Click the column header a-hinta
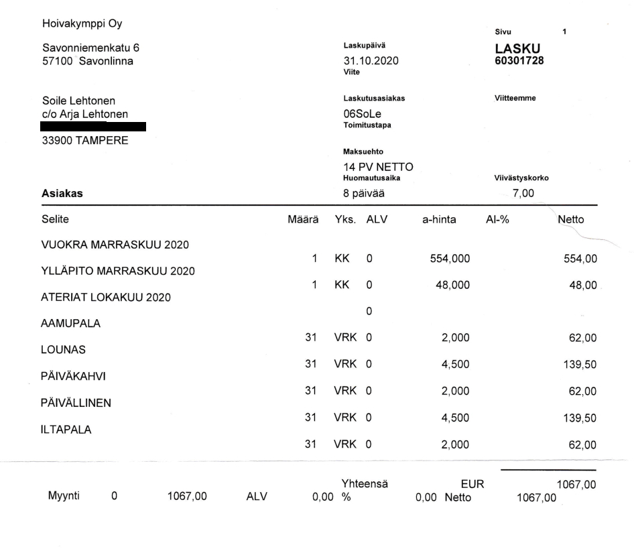click(438, 219)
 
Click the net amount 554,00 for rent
click(580, 259)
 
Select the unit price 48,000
click(452, 286)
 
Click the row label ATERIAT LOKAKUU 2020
click(106, 297)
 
